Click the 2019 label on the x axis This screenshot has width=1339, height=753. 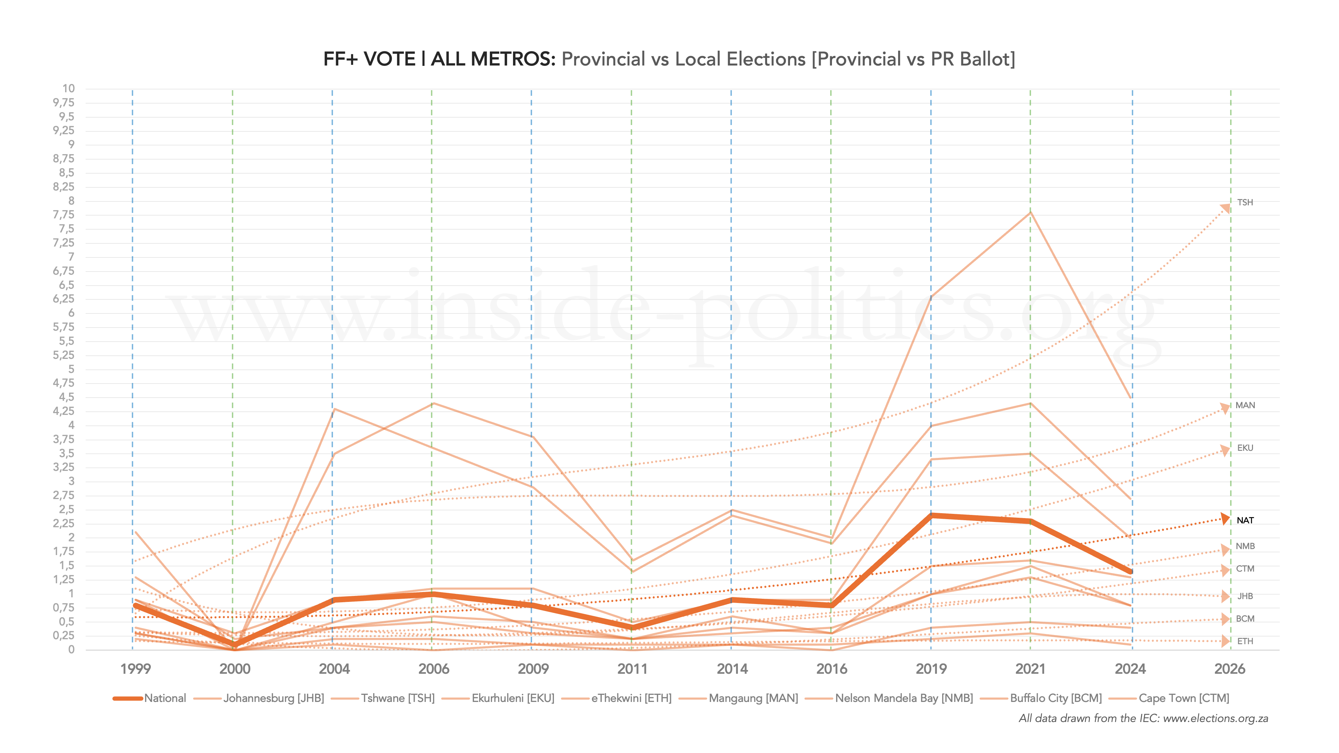pyautogui.click(x=931, y=669)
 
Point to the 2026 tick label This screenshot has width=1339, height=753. pyautogui.click(x=1229, y=669)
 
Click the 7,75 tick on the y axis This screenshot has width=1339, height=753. pyautogui.click(x=64, y=214)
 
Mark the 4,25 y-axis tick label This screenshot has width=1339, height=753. pyautogui.click(x=64, y=411)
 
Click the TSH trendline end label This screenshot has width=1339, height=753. pyautogui.click(x=1245, y=203)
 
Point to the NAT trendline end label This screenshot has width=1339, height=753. pyautogui.click(x=1245, y=520)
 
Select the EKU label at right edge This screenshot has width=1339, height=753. pyautogui.click(x=1245, y=448)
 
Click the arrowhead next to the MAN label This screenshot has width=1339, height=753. pyautogui.click(x=1225, y=409)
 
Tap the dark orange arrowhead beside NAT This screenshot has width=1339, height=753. pyautogui.click(x=1225, y=519)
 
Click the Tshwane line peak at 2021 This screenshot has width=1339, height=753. pyautogui.click(x=1030, y=212)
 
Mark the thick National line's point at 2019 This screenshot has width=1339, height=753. pyautogui.click(x=931, y=516)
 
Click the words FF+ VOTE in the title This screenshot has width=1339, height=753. pyautogui.click(x=369, y=59)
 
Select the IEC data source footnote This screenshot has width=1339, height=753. pyautogui.click(x=1143, y=719)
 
